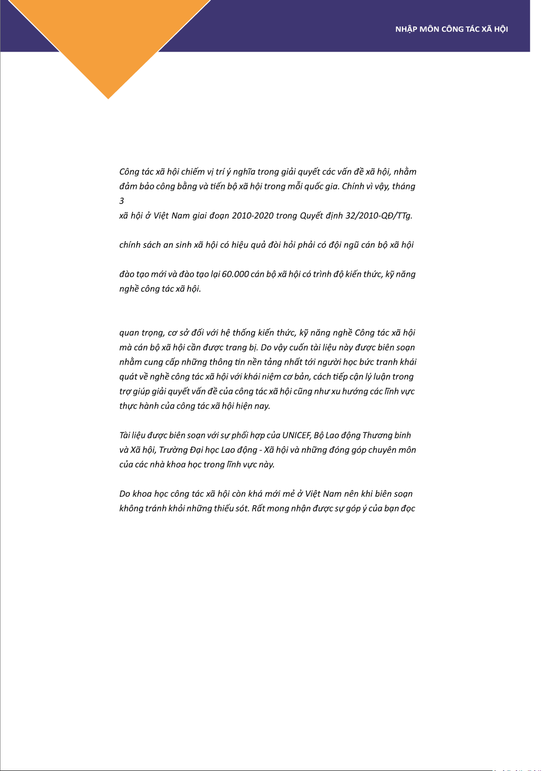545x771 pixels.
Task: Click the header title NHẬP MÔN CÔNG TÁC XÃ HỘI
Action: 451,29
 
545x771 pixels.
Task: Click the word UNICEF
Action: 297,435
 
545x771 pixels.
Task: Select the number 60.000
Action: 235,274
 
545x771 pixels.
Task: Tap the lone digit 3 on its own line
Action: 122,201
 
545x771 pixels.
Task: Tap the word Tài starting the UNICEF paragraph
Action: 125,435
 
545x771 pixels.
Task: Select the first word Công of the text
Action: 129,172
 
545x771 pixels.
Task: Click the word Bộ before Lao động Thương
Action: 319,435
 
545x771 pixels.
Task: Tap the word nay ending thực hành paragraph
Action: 262,406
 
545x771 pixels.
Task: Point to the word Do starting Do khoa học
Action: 124,494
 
